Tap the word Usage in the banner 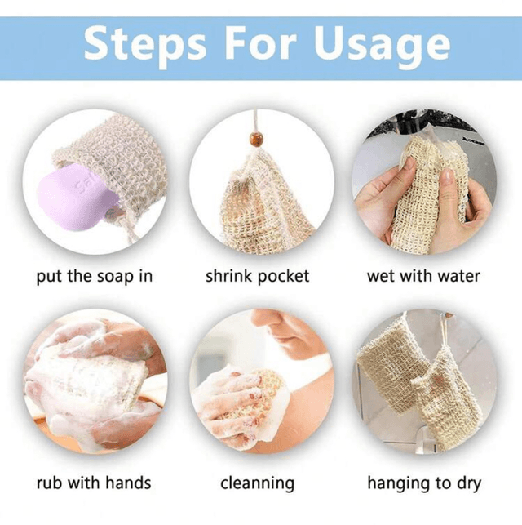tap(383, 47)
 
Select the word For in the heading tap(260, 42)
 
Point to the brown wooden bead tap(255, 138)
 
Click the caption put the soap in tap(95, 277)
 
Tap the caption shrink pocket tap(257, 277)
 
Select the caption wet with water tap(423, 276)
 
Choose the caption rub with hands tap(94, 483)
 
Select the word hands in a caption tap(128, 483)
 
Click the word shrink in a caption tap(228, 276)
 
